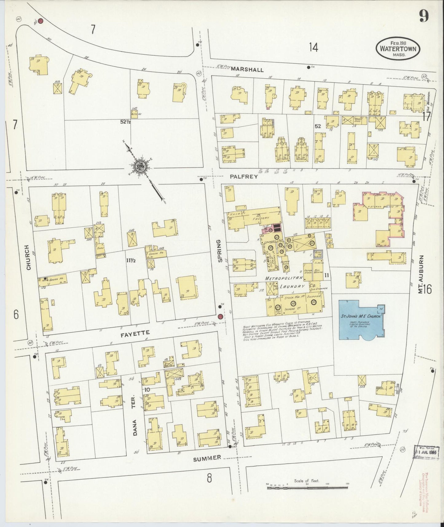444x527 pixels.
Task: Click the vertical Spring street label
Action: (219, 251)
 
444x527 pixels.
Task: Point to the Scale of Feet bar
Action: (307, 485)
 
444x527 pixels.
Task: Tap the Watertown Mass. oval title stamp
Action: (398, 49)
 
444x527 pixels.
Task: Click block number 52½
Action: (125, 122)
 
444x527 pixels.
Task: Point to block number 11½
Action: (131, 260)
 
